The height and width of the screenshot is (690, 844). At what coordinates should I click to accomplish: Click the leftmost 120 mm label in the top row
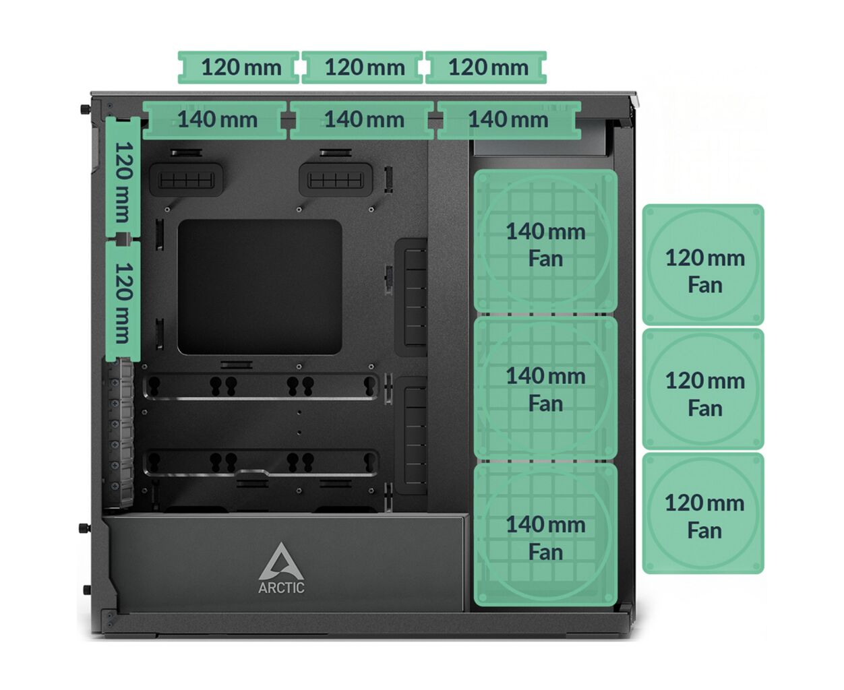[x=239, y=67]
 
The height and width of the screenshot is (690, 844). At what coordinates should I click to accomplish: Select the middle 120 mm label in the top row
[x=363, y=67]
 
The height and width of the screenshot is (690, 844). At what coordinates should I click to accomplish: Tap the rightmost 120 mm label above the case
[x=487, y=67]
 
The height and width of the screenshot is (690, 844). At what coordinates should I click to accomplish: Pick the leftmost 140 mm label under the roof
[x=216, y=120]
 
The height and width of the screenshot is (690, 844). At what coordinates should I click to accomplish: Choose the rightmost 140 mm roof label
[x=508, y=120]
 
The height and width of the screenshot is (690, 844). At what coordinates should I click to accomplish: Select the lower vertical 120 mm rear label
[x=123, y=301]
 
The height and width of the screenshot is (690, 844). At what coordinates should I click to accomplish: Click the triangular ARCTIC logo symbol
[x=280, y=561]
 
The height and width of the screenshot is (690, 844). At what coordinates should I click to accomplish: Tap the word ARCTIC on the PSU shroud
[x=281, y=588]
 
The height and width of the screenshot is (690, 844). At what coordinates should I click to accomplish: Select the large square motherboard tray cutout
[x=260, y=286]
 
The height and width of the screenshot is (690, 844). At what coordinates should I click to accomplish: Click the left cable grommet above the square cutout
[x=187, y=180]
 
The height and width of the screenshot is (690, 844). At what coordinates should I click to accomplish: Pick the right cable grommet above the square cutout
[x=336, y=180]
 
